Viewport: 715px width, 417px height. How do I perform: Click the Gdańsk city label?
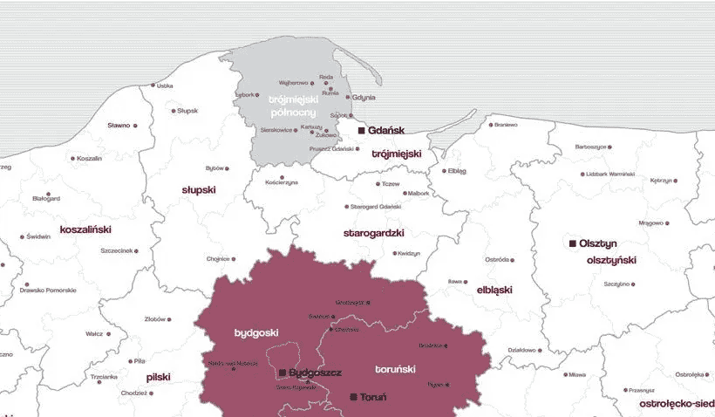[386, 130]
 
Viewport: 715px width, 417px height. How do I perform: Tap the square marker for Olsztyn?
[572, 243]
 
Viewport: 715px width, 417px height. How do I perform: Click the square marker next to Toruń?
[353, 397]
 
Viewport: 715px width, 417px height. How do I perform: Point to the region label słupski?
[199, 189]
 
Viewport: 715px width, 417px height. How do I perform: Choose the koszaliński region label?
[85, 229]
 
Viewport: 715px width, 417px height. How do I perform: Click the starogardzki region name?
[373, 234]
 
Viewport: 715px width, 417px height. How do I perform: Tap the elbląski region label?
[494, 289]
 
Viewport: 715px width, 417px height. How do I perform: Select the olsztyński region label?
[611, 260]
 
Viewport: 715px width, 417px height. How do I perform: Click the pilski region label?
[158, 377]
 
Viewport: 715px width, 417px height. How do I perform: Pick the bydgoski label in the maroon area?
[256, 333]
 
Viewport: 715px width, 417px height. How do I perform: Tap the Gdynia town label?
[364, 98]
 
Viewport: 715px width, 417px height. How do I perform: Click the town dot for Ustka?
[153, 85]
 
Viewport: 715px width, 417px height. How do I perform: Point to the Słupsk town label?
[188, 111]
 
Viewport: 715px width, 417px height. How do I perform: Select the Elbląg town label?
[458, 171]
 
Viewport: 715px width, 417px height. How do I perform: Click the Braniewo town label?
[506, 125]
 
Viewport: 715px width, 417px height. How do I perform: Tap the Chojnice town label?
[217, 258]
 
